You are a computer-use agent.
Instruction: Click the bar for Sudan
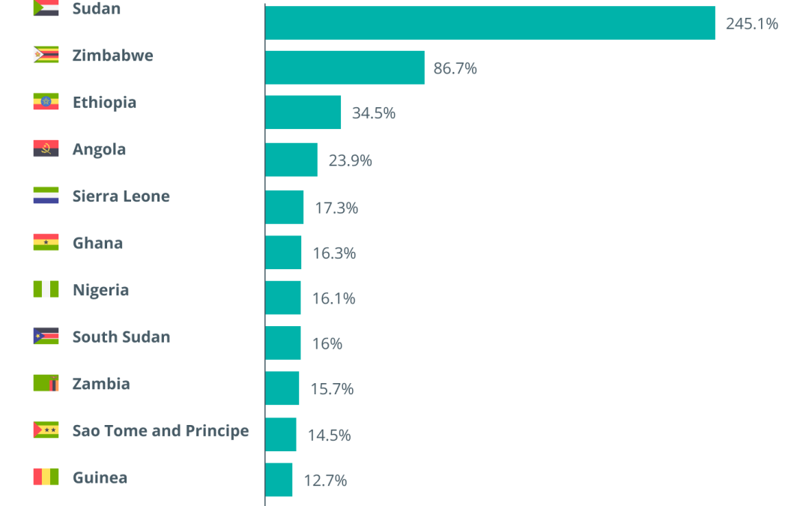(490, 22)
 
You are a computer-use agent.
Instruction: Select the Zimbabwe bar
(345, 67)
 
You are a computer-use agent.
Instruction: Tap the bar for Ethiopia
(303, 112)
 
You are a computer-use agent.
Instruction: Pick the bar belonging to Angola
(291, 160)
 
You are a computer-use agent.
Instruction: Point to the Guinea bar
(279, 480)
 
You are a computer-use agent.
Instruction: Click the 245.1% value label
(752, 24)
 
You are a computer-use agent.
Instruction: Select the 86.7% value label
(455, 68)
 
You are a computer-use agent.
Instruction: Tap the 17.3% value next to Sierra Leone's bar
(336, 208)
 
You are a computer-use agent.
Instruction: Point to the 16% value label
(327, 343)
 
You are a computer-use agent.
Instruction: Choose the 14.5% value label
(329, 436)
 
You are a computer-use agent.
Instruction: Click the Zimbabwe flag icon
(46, 55)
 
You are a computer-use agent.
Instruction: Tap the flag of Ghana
(46, 242)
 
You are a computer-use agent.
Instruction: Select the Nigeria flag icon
(46, 289)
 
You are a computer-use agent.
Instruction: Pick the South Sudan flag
(46, 336)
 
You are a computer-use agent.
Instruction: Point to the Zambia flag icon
(46, 383)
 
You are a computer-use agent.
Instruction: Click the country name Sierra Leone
(121, 196)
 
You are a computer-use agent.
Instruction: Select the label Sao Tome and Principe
(160, 430)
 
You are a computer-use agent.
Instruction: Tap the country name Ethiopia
(105, 102)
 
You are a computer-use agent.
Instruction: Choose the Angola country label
(99, 149)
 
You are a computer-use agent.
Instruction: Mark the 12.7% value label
(325, 481)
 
